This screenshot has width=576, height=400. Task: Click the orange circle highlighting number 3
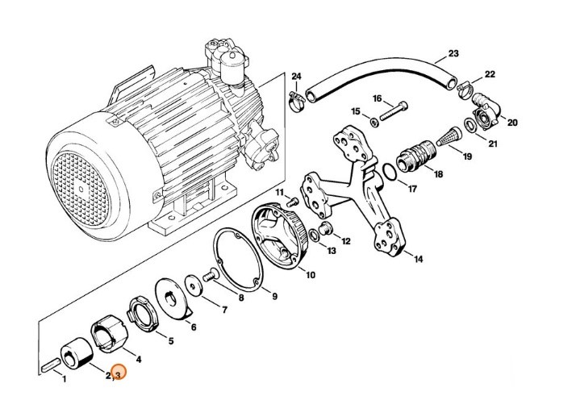118,373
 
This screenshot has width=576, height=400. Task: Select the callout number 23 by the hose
453,54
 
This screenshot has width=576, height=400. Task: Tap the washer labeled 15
374,122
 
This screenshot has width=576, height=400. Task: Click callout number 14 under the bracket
417,259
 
